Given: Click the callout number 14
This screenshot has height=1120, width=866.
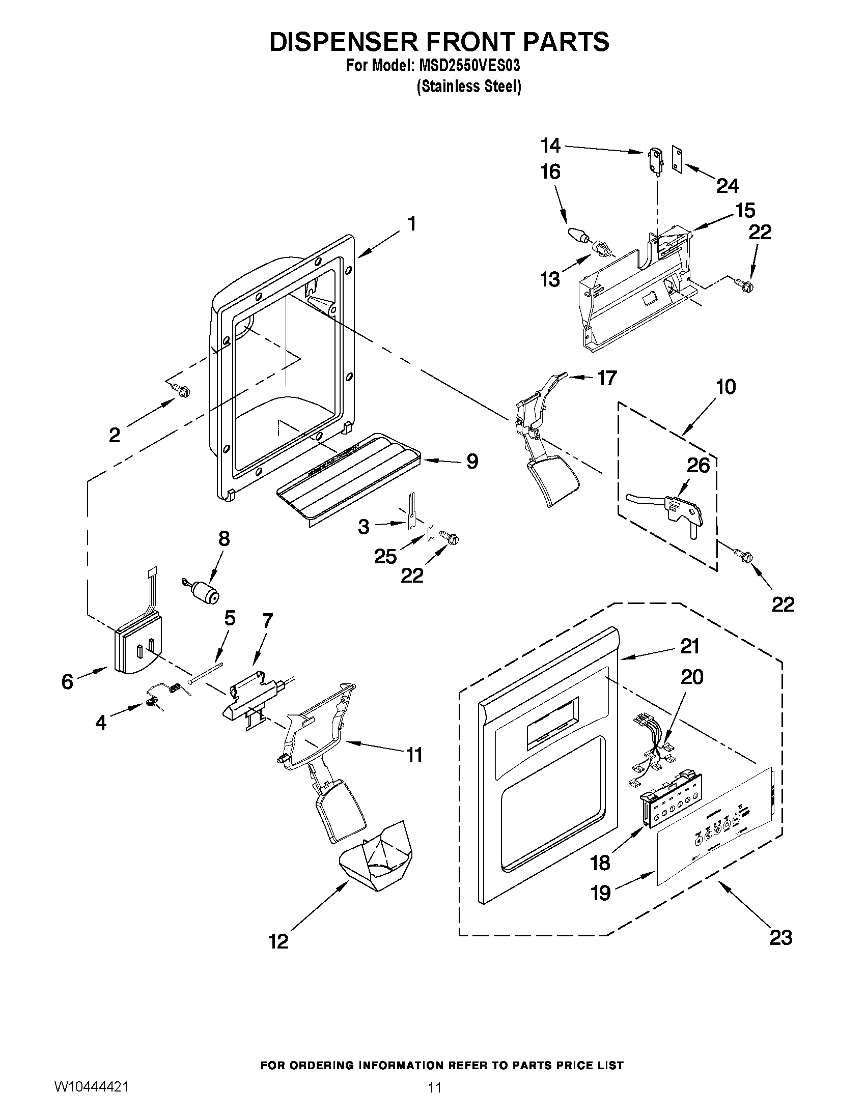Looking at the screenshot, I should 550,146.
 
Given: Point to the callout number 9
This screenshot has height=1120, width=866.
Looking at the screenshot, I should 472,461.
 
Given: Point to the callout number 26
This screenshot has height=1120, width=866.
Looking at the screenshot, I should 698,465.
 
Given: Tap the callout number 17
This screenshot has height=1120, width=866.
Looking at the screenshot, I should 606,378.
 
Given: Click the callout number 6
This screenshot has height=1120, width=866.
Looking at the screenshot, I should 67,681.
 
